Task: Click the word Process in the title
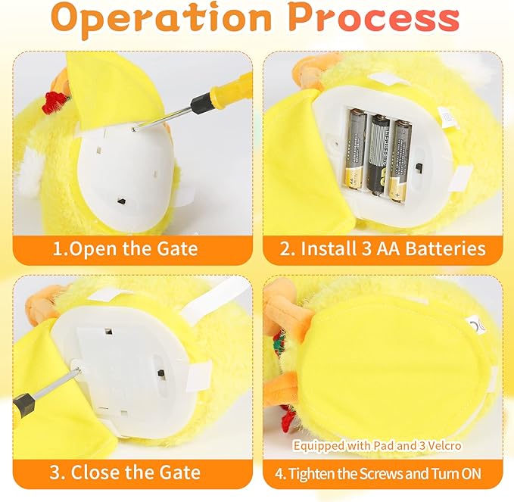click(x=375, y=17)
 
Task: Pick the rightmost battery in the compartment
click(x=400, y=161)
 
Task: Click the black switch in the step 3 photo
click(x=161, y=373)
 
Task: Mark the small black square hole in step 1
click(x=121, y=201)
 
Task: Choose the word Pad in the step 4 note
click(x=385, y=446)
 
